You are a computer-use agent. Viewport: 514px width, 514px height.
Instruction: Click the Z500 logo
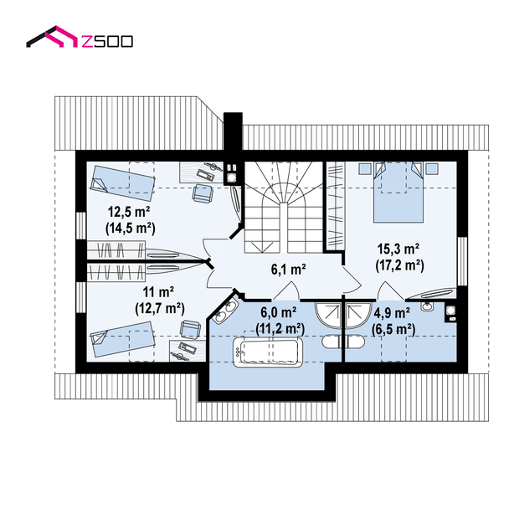[80, 37]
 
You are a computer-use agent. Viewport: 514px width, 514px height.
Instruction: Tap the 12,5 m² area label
[129, 212]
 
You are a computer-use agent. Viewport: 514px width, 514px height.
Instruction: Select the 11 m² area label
[158, 291]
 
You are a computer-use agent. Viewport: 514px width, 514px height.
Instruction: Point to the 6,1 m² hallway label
[289, 269]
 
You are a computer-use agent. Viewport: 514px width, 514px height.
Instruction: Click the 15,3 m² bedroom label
[398, 249]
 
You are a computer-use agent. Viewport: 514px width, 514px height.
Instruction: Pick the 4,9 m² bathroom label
[392, 313]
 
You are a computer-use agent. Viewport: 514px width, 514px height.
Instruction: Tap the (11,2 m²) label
[280, 328]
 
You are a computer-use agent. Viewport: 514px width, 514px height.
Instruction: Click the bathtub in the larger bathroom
[268, 352]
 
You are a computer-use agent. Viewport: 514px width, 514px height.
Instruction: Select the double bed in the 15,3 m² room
[398, 193]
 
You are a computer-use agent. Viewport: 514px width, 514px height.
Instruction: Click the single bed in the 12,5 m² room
[122, 182]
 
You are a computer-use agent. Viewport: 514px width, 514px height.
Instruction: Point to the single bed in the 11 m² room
[122, 339]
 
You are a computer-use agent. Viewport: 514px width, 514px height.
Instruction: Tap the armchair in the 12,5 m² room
[203, 193]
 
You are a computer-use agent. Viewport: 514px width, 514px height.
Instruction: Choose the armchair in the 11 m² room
[190, 329]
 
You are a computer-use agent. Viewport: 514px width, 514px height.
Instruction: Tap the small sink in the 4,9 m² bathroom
[427, 306]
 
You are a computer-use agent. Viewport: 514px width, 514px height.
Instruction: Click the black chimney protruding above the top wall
[233, 131]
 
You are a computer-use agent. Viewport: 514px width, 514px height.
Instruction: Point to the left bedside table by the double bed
[364, 168]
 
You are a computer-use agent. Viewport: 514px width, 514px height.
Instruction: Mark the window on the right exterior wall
[462, 261]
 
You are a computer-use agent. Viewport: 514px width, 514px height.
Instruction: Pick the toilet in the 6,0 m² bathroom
[332, 342]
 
